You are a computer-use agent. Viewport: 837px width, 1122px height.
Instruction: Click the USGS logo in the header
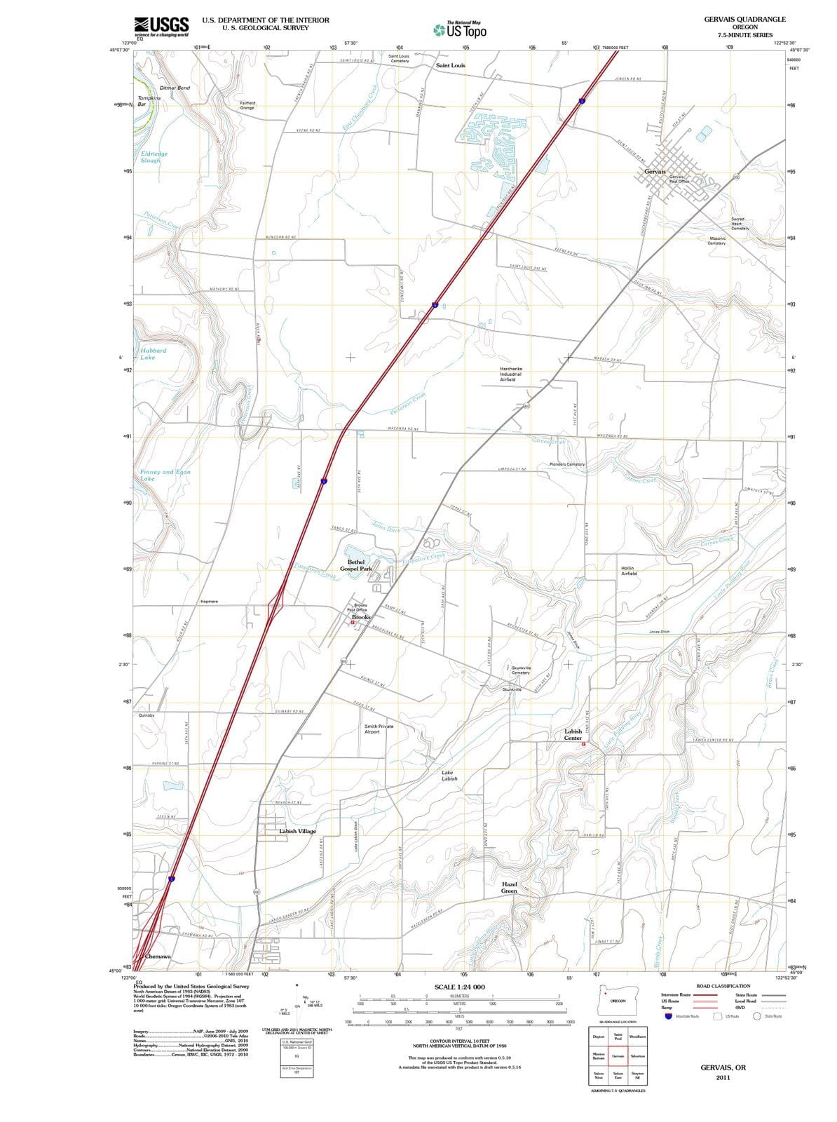pyautogui.click(x=161, y=26)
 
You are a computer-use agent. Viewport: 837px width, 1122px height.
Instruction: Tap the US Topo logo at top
pyautogui.click(x=459, y=30)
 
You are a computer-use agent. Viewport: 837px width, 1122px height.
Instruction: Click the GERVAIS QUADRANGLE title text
pyautogui.click(x=744, y=19)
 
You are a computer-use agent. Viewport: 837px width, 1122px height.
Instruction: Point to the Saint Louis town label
pyautogui.click(x=450, y=65)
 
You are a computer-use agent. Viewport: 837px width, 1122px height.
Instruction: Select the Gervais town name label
pyautogui.click(x=655, y=171)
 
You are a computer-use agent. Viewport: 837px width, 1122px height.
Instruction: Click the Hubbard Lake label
pyautogui.click(x=152, y=354)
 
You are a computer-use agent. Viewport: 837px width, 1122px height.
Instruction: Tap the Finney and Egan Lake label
pyautogui.click(x=165, y=475)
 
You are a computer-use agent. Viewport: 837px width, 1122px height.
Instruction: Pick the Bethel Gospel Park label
pyautogui.click(x=356, y=565)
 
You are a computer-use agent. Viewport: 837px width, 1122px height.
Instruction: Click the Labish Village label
pyautogui.click(x=297, y=831)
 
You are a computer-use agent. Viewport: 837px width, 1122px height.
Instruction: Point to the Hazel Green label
pyautogui.click(x=510, y=887)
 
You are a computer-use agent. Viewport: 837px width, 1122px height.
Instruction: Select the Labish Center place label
pyautogui.click(x=573, y=734)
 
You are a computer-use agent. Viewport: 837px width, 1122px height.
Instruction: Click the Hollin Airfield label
pyautogui.click(x=629, y=570)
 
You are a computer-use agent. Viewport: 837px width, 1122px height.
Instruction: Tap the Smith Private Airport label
pyautogui.click(x=379, y=729)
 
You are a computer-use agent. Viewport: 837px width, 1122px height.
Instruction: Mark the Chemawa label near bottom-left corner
pyautogui.click(x=158, y=957)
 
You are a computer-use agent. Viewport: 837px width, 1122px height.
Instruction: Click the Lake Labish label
pyautogui.click(x=449, y=776)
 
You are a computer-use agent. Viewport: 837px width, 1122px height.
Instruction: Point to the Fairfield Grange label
pyautogui.click(x=247, y=105)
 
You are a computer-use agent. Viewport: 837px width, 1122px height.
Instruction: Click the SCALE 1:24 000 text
pyautogui.click(x=459, y=987)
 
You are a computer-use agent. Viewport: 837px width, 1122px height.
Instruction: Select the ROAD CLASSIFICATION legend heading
pyautogui.click(x=723, y=986)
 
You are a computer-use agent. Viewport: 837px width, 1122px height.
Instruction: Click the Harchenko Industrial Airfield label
pyautogui.click(x=511, y=374)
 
